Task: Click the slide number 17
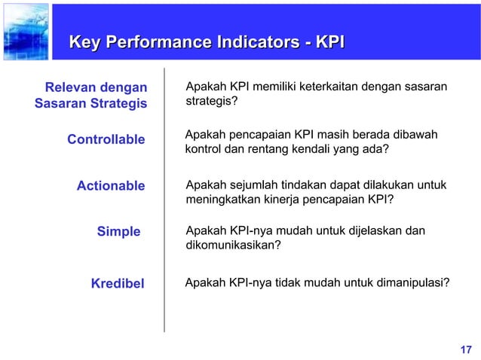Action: pos(465,349)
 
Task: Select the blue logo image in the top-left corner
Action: pos(25,31)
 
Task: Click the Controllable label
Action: pos(106,139)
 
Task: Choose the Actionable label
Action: pos(111,186)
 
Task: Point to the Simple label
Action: pos(118,232)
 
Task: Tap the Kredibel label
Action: pos(117,283)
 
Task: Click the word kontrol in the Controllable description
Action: pos(202,148)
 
